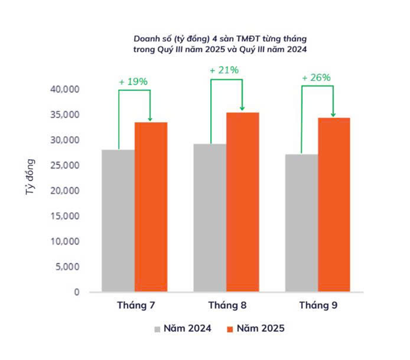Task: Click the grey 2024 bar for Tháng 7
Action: (118, 220)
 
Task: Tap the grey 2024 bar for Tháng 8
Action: (210, 218)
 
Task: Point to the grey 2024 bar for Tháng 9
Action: (301, 223)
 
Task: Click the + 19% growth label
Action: (133, 82)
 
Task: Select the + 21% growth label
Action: (224, 70)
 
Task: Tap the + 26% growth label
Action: (316, 78)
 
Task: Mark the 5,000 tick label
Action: (67, 267)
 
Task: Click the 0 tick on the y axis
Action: (77, 292)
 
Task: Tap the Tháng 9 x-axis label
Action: (318, 305)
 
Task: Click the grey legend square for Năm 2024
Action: (157, 329)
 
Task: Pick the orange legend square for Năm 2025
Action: (231, 329)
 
